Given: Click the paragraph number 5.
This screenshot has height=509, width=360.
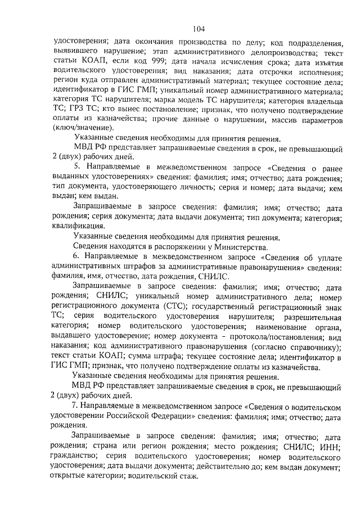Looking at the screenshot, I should point(77,168).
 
